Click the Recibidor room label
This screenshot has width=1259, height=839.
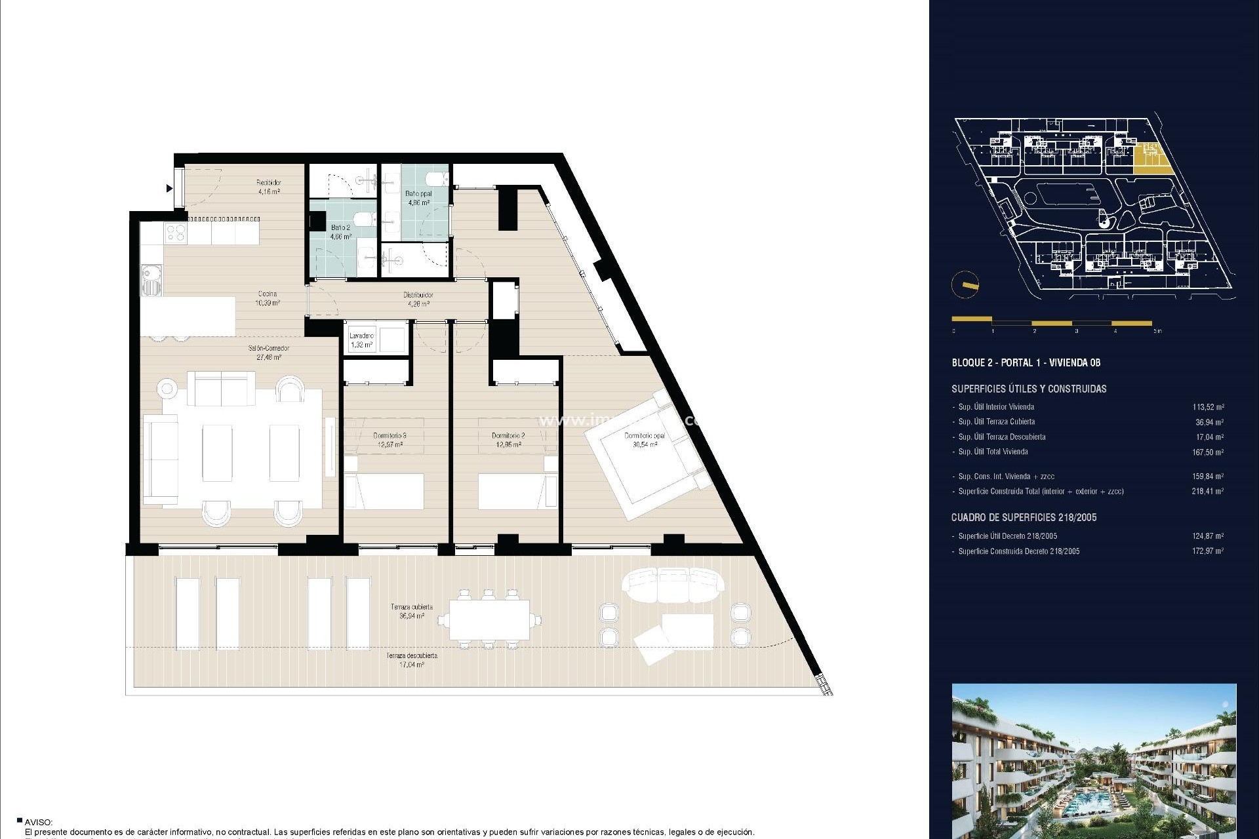tap(268, 187)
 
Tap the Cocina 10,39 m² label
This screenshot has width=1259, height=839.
tap(267, 298)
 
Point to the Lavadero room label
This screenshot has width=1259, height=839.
tap(361, 340)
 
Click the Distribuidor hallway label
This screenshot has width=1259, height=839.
tap(418, 299)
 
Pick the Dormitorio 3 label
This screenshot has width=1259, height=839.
tap(390, 440)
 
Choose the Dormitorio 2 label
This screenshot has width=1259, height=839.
tap(508, 440)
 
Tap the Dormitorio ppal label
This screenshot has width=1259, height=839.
tap(645, 440)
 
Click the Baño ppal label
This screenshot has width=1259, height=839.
tap(418, 198)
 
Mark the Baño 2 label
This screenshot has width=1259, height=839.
tap(340, 231)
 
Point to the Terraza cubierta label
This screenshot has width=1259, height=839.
tap(412, 612)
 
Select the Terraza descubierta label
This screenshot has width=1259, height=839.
tap(412, 659)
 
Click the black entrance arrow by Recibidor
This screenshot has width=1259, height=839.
tap(170, 189)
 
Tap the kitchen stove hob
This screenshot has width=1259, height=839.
tap(175, 231)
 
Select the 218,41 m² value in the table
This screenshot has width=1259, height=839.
tap(1207, 491)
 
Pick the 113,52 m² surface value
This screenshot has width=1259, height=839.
tap(1208, 407)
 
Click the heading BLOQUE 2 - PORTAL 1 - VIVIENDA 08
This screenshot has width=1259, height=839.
tap(1026, 362)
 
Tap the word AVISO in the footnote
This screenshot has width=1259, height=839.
tap(39, 822)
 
